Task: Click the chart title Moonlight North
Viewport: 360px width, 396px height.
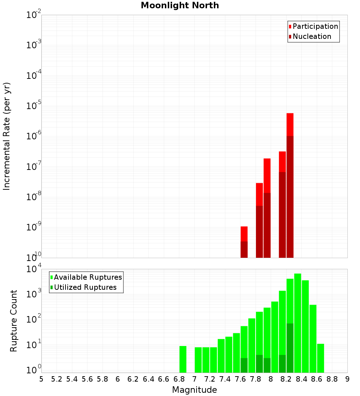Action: click(180, 5)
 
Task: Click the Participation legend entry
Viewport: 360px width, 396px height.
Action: click(315, 26)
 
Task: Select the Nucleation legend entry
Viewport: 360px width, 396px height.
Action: click(311, 36)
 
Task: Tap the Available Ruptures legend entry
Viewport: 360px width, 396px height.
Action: click(87, 277)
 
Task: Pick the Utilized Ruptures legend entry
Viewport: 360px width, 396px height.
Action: click(85, 287)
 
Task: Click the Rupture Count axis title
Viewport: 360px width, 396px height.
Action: click(14, 321)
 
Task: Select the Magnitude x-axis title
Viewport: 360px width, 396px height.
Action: click(194, 390)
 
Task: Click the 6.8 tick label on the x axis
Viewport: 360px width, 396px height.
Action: click(179, 379)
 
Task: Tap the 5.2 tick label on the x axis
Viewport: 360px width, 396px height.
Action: click(57, 379)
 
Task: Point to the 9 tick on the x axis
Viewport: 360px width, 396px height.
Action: click(347, 379)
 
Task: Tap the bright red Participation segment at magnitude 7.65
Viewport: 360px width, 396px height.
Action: click(244, 234)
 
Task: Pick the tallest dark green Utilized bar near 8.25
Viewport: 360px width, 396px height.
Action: click(290, 348)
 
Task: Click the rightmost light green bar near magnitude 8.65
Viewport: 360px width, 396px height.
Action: click(320, 358)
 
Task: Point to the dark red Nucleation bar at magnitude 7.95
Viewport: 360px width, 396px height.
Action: click(267, 225)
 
